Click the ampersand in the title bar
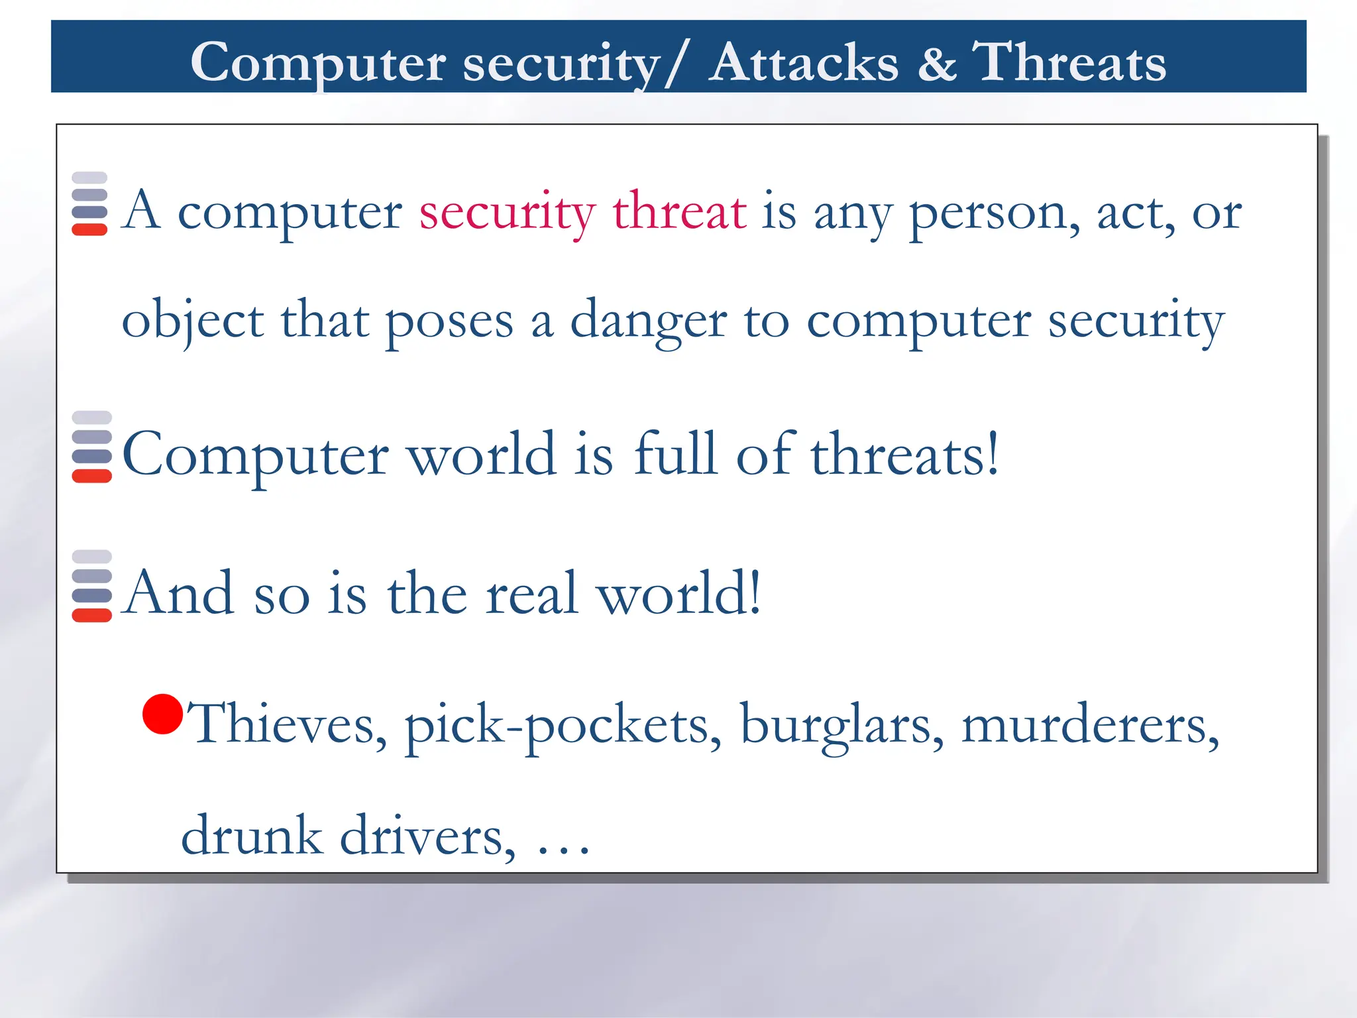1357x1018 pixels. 937,63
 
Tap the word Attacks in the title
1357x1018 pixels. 804,63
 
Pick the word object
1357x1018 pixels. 193,321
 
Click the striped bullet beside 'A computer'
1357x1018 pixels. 89,203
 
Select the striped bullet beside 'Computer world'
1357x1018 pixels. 91,447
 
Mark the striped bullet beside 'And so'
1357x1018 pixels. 91,586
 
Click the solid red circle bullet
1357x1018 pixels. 162,714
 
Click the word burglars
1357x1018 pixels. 841,724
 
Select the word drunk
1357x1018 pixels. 251,835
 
